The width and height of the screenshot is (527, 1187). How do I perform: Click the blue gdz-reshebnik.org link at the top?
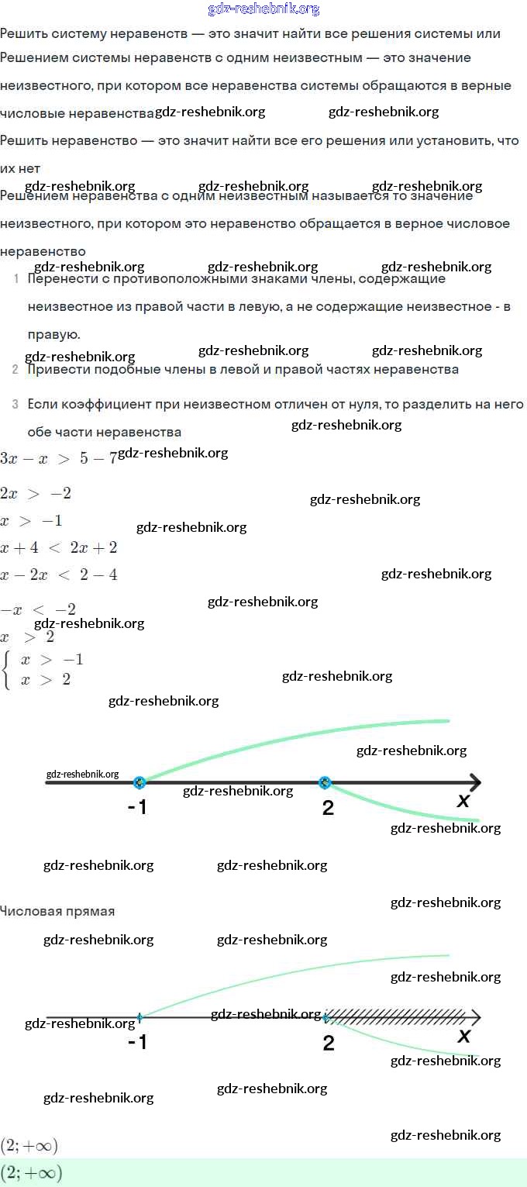tap(263, 9)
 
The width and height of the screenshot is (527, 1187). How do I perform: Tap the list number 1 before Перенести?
tap(15, 278)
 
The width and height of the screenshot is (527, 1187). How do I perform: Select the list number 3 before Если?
tap(15, 404)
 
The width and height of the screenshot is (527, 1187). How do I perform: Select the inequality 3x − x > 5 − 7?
tap(58, 458)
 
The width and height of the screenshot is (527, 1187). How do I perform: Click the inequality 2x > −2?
tap(36, 494)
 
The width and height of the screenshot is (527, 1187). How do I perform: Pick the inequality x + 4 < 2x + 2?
tap(59, 548)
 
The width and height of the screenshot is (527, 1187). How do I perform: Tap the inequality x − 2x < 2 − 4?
tap(59, 575)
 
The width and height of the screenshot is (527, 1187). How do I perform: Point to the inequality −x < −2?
tap(38, 609)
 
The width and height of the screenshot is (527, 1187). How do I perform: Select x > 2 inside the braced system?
tap(46, 680)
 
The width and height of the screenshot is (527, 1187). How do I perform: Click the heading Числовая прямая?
tap(57, 911)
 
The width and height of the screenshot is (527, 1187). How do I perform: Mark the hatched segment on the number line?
tap(395, 1016)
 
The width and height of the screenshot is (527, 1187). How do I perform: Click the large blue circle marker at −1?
tap(139, 782)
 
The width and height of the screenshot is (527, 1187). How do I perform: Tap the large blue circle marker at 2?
tap(325, 782)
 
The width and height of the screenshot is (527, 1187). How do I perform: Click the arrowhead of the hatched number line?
tap(474, 1017)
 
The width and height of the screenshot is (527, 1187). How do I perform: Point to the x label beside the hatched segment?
tap(464, 1037)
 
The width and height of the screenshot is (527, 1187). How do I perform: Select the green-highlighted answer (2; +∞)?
tap(31, 1172)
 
